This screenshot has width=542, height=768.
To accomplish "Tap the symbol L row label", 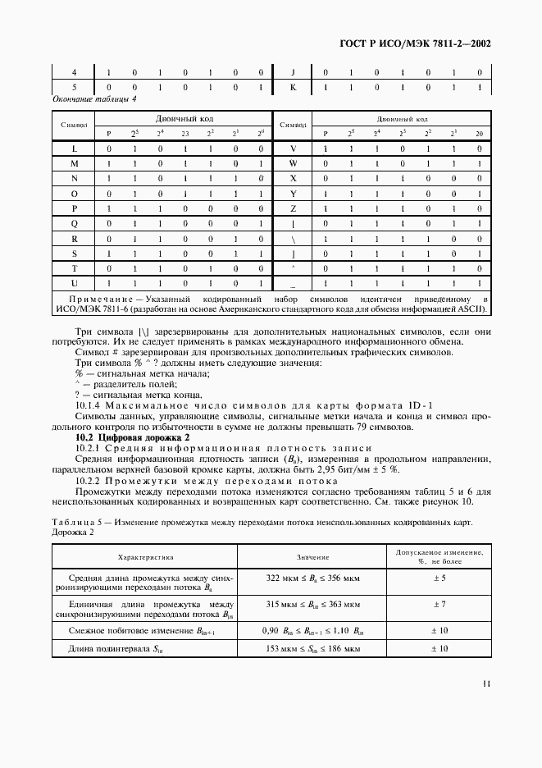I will coord(74,149).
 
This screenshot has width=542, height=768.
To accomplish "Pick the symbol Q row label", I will coord(74,223).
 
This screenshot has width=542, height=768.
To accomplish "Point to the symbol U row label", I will coord(74,282).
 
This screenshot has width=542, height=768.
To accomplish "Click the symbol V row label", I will coord(292,149).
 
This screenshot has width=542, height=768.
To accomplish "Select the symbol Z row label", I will coord(292,208).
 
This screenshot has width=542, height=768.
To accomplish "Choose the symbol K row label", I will coord(292,86).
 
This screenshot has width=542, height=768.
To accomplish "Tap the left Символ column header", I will coord(74,125).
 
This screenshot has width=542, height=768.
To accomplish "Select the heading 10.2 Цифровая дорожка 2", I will coord(131,438).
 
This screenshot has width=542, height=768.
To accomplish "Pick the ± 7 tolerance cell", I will coord(438,604).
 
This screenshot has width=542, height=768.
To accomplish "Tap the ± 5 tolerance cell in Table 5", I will coord(438,578).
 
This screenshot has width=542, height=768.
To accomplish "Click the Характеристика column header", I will coord(146,557).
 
